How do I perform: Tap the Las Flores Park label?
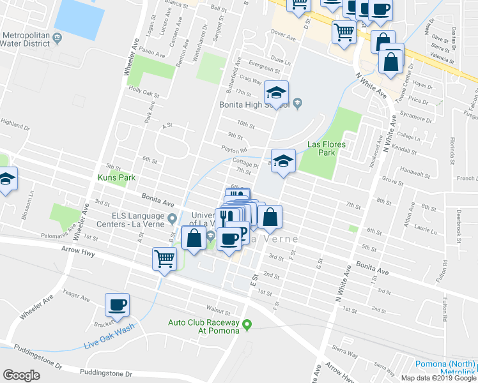(327, 149)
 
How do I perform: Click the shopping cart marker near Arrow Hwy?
(164, 259)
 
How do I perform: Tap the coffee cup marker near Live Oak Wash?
(117, 304)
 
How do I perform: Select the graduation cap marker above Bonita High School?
(277, 93)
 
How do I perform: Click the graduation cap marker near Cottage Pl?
(283, 160)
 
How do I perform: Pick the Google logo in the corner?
(21, 375)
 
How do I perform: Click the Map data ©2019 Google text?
(439, 378)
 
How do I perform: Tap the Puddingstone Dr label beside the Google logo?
(105, 372)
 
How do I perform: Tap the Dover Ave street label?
(284, 38)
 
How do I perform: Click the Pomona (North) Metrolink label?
(445, 368)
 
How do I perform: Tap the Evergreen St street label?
(265, 66)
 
